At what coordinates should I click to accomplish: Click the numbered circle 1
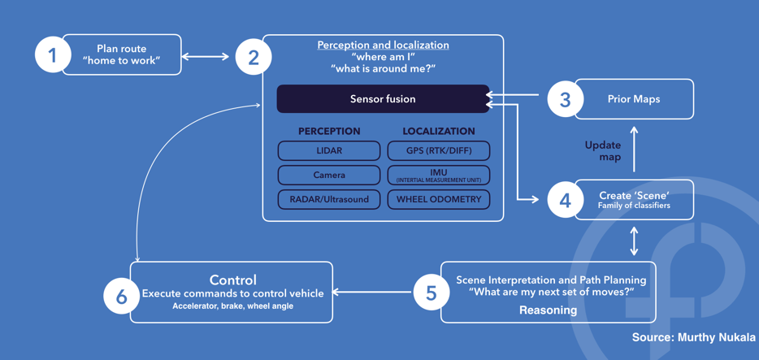[x=53, y=55]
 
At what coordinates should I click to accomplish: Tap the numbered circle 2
[x=254, y=57]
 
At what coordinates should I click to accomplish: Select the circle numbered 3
[x=565, y=99]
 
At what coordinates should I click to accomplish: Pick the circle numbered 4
[x=565, y=200]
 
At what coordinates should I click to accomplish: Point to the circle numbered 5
[x=432, y=293]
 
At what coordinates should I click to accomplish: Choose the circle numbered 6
[x=121, y=296]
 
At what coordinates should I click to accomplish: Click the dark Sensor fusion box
[x=383, y=99]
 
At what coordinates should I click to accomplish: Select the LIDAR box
[x=329, y=150]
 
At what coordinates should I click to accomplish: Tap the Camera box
[x=329, y=175]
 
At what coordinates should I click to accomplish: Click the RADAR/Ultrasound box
[x=329, y=199]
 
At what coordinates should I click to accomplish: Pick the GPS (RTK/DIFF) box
[x=439, y=150]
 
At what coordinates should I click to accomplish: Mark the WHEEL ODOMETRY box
[x=439, y=199]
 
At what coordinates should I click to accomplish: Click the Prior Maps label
[x=634, y=99]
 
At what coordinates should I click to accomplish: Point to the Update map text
[x=603, y=151]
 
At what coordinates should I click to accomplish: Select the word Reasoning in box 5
[x=548, y=310]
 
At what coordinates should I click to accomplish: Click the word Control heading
[x=233, y=280]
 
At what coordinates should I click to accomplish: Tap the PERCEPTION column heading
[x=329, y=131]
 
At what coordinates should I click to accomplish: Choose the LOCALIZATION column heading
[x=439, y=131]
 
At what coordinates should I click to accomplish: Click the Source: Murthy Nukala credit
[x=693, y=337]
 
